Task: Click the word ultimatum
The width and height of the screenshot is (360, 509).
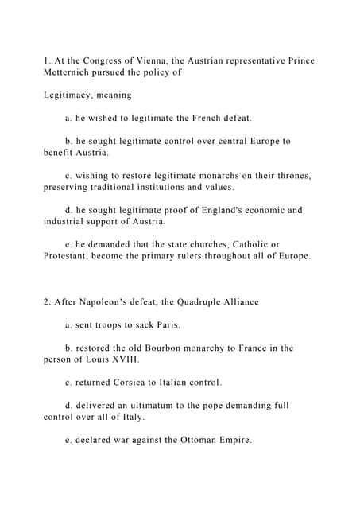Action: point(166,406)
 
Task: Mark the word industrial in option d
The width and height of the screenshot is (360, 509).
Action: point(72,221)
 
